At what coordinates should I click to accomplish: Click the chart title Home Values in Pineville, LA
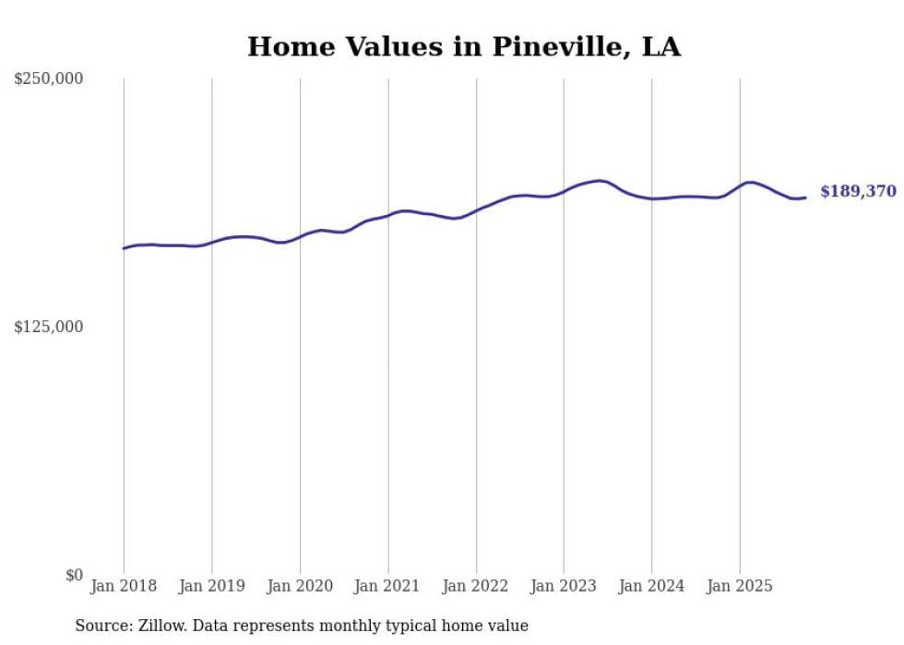463,47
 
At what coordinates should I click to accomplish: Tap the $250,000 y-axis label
48,79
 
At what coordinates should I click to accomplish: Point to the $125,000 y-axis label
48,327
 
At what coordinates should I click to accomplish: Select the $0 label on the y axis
74,575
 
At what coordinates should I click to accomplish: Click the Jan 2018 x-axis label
124,586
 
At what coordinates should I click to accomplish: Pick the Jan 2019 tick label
211,586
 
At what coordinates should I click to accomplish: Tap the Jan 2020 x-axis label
300,586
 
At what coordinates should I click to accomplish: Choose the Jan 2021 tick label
387,586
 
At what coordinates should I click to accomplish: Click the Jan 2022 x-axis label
476,586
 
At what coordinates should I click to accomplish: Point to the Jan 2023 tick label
564,586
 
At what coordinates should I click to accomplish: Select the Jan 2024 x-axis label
651,586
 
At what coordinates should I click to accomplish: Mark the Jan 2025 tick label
740,586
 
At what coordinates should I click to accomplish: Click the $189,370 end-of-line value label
858,192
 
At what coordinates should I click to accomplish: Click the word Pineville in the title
551,47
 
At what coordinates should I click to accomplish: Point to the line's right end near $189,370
805,197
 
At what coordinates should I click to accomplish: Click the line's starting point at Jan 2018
124,248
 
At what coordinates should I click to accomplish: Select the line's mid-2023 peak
600,181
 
